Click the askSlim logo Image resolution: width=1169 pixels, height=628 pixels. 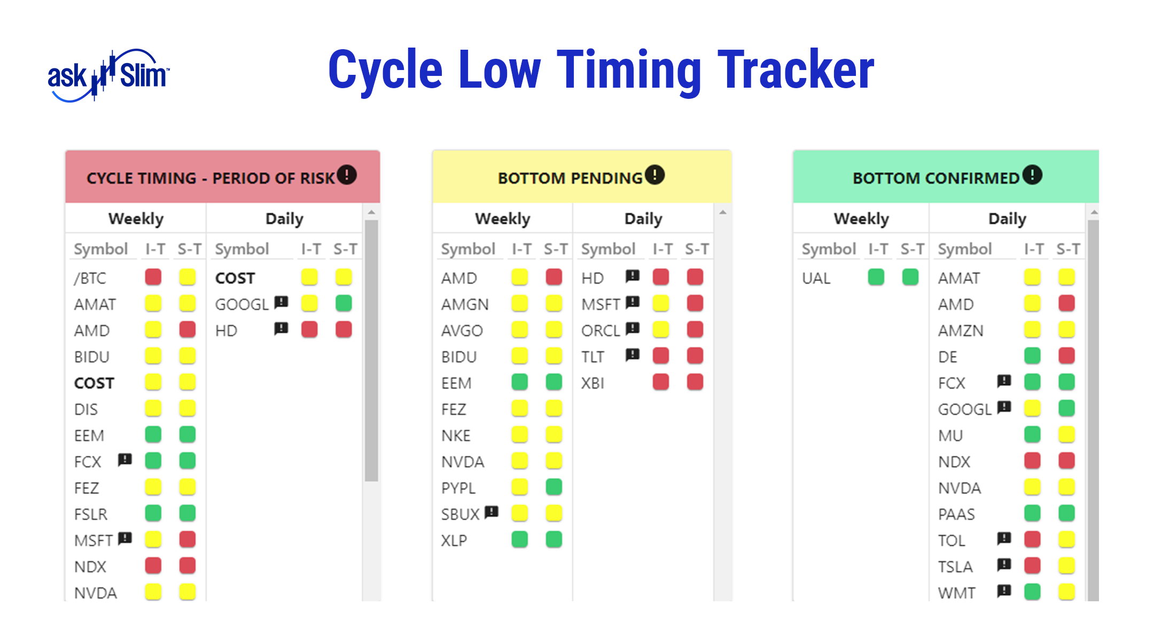pos(108,75)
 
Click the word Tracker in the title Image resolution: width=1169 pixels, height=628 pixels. pos(796,69)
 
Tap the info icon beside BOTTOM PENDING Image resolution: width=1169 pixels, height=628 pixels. pos(654,175)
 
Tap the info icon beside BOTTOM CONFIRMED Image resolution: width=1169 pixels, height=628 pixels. pos(1032,175)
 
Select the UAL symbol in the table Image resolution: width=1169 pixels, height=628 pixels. pos(816,278)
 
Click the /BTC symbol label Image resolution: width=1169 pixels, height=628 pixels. pos(90,278)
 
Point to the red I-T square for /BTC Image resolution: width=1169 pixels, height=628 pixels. pos(153,277)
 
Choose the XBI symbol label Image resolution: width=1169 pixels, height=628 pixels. pos(593,383)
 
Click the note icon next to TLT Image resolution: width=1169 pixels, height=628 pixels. pos(633,354)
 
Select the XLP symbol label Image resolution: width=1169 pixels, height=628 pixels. pos(454,540)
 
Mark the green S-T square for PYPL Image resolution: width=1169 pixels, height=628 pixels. pos(554,486)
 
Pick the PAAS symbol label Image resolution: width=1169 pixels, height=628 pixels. pos(956,514)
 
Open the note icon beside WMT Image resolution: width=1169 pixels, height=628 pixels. pos(1004,590)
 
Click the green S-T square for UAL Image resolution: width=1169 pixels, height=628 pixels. pos(910,277)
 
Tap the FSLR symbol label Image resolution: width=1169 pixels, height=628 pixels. pos(91,514)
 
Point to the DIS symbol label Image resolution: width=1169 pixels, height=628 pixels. pos(86,409)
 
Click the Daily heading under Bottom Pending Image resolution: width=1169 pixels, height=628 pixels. pos(643,219)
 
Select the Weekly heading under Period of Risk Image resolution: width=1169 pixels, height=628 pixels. pos(136,219)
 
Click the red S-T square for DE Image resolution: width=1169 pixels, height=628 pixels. pos(1067,355)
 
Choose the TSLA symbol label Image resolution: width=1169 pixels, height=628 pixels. pos(955,567)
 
